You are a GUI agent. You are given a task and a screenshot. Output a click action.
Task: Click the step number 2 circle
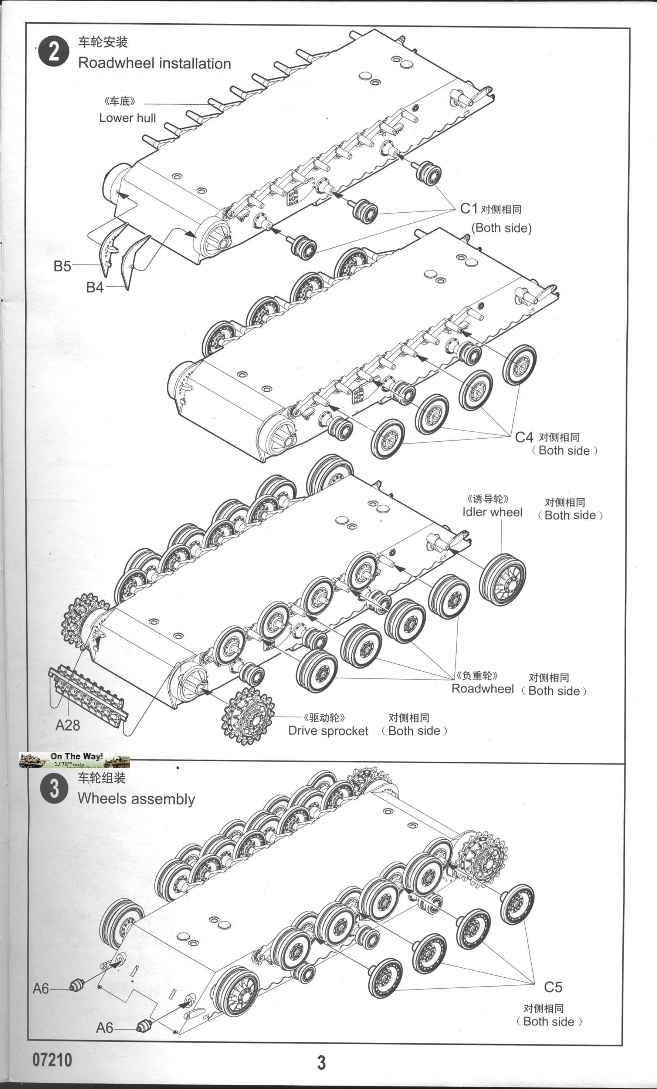coord(54,52)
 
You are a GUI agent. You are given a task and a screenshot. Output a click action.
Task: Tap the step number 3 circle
coord(54,789)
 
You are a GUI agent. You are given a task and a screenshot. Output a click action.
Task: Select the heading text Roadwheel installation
coord(154,63)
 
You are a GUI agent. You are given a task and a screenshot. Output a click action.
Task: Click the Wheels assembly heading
coord(136,799)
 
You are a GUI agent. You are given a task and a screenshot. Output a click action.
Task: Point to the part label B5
coord(62,266)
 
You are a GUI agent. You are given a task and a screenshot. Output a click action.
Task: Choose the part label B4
coord(95,287)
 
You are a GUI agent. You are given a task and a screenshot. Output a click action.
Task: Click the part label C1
coord(469,209)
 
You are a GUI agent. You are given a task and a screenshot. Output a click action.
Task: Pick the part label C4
coord(524,438)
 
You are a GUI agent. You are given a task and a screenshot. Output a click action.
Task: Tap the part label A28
coord(68,725)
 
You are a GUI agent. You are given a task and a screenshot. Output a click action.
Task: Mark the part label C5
coord(553,987)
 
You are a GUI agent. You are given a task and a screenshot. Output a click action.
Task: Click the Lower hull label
coord(127,118)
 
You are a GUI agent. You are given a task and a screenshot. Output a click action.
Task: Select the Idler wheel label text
coord(492,512)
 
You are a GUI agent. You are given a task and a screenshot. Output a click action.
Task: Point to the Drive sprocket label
coord(328,731)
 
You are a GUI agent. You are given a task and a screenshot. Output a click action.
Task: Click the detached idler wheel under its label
coord(502,579)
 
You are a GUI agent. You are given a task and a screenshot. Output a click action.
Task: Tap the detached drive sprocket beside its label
coord(247,716)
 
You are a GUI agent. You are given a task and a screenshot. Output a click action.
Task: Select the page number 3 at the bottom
coord(321,1062)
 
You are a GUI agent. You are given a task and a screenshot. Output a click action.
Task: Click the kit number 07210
coord(52,1059)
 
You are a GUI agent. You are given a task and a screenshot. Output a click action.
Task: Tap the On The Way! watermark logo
coord(74,760)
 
